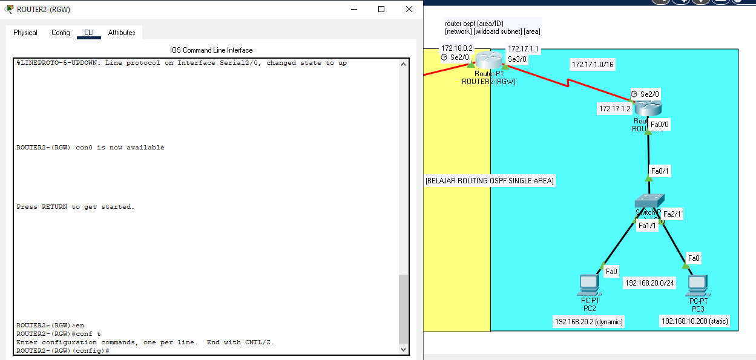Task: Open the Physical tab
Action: point(25,33)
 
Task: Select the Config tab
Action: point(61,33)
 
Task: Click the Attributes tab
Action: point(122,33)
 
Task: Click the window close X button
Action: point(409,9)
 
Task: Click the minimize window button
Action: point(354,9)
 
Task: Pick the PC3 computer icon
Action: point(698,284)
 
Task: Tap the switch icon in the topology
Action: point(649,201)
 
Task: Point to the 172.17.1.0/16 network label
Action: point(593,64)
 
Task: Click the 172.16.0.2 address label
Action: point(456,48)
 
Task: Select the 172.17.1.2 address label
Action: point(614,109)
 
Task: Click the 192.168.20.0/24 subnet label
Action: point(649,283)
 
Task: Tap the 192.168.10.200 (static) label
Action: point(694,321)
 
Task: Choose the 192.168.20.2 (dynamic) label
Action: point(588,321)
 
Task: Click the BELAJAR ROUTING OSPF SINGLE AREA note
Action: point(490,181)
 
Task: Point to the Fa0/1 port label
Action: point(660,172)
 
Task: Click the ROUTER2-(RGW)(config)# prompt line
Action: point(63,351)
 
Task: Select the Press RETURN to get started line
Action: point(76,207)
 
